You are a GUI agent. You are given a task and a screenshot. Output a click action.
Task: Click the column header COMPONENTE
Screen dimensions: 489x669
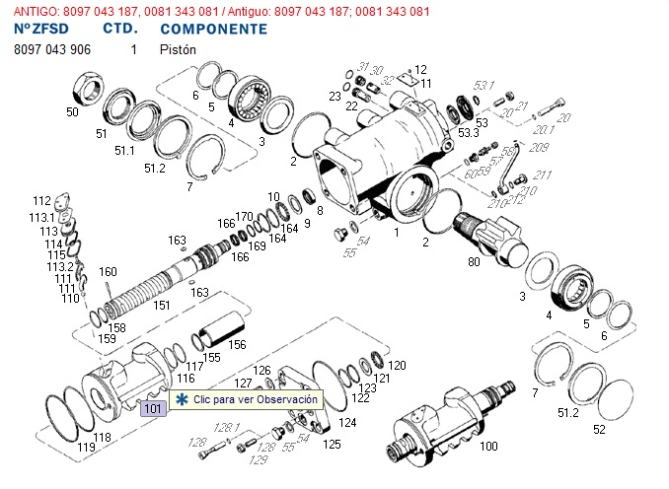tap(212, 29)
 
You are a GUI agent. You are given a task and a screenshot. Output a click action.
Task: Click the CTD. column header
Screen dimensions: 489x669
tap(118, 29)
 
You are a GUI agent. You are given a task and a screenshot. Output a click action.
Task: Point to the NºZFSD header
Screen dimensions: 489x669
tap(42, 29)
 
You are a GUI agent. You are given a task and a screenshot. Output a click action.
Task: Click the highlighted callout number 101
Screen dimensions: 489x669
tap(151, 408)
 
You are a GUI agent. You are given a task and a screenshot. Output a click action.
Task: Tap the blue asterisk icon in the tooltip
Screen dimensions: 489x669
tap(182, 400)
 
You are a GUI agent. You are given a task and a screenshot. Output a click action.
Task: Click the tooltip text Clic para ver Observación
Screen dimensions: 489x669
tap(255, 400)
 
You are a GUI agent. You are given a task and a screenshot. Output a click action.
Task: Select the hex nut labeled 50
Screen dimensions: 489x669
tap(85, 92)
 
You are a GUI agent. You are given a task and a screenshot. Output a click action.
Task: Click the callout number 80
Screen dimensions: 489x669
tap(475, 262)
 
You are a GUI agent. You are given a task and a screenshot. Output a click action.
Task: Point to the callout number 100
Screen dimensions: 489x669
tap(487, 446)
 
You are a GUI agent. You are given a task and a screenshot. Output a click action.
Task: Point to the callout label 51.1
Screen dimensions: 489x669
tap(124, 150)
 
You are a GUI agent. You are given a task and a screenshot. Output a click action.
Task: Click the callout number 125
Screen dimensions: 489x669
tap(333, 445)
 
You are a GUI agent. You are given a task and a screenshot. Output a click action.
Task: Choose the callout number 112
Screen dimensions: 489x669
tap(40, 201)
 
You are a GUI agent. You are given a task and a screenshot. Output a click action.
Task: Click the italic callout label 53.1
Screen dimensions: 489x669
tap(483, 85)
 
